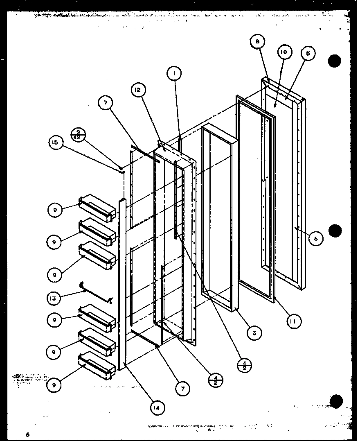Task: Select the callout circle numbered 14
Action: (x=158, y=407)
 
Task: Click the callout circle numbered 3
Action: (x=254, y=333)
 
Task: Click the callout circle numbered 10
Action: (x=284, y=52)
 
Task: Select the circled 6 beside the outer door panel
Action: (x=316, y=238)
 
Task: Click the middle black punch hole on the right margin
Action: (x=335, y=231)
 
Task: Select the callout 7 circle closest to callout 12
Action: (x=106, y=103)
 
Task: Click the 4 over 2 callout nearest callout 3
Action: (x=245, y=365)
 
